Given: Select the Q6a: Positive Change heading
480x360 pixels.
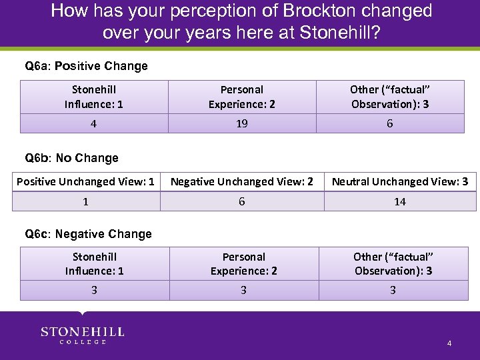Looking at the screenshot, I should (86, 66).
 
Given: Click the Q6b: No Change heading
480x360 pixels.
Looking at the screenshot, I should (71, 158).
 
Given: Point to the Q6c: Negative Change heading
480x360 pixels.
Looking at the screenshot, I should (88, 234).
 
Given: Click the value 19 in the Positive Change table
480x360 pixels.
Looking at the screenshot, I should (242, 123).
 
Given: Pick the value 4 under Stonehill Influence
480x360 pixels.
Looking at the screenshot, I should (94, 123).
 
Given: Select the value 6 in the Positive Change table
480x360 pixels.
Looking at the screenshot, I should (389, 123).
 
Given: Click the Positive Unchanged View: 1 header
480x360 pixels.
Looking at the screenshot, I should (85, 181).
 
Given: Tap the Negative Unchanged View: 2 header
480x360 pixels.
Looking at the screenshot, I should (242, 181).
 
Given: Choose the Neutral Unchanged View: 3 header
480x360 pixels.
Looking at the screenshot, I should (400, 181).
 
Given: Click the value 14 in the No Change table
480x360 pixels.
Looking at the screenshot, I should (400, 201).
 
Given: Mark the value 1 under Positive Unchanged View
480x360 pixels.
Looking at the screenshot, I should (85, 201).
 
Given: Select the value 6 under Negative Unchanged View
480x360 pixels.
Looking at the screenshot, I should (242, 201).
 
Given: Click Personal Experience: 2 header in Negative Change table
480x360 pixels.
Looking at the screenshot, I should (244, 263).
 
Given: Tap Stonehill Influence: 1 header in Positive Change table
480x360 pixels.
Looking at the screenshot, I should (94, 97).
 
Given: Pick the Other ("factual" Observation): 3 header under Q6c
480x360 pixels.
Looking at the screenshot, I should (393, 263).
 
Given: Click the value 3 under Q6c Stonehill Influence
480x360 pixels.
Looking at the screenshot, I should (94, 290).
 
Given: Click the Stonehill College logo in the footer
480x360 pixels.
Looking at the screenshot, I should (83, 335).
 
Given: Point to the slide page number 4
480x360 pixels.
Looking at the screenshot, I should (449, 343).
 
